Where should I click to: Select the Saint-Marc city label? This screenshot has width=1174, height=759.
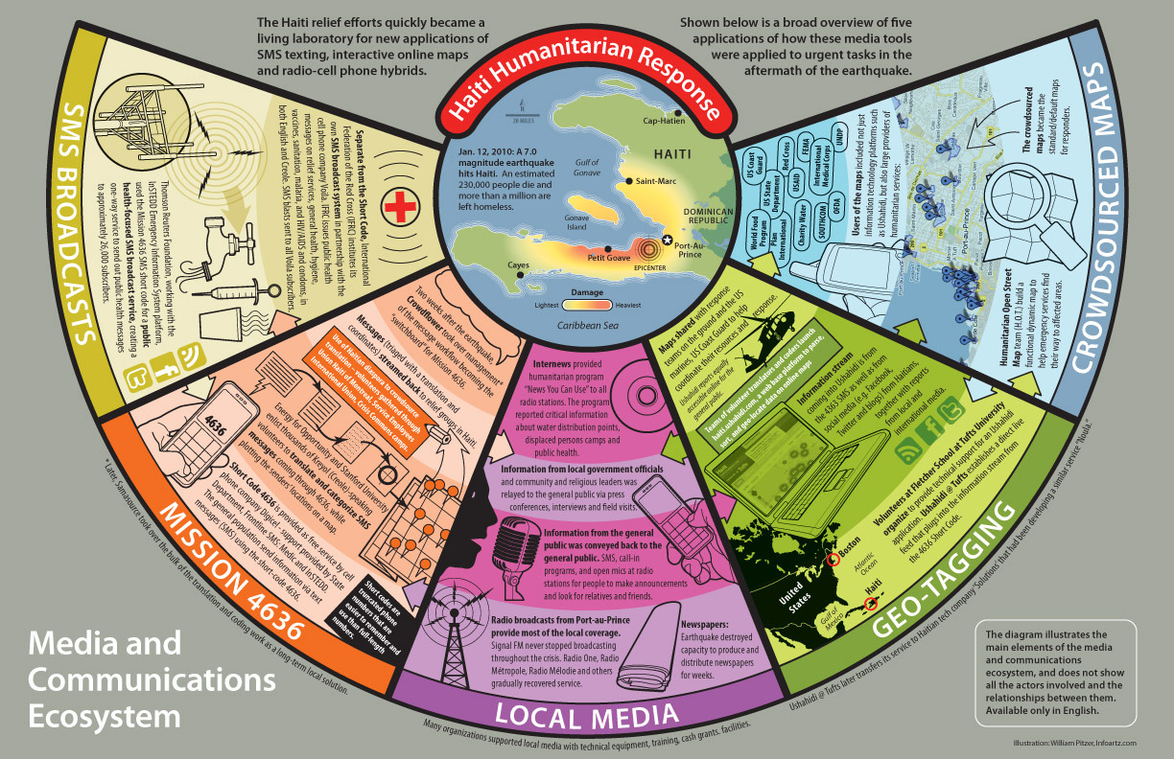coord(656,180)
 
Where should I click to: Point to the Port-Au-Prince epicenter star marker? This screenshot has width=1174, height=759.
coord(668,242)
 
